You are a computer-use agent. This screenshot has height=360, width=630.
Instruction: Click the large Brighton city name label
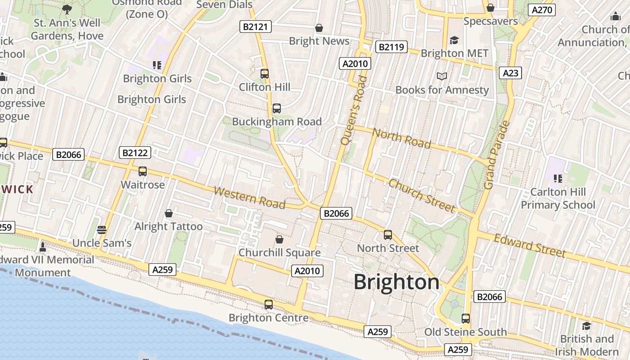click(396, 282)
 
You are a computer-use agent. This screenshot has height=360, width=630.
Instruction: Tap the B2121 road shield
click(255, 27)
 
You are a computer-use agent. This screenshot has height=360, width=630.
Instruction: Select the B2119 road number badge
click(392, 47)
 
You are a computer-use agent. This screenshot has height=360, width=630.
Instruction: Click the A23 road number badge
click(511, 73)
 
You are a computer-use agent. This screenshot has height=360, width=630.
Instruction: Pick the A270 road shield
click(543, 10)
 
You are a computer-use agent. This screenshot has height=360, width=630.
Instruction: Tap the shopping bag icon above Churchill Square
click(279, 239)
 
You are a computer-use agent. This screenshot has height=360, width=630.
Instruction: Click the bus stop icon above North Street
click(388, 235)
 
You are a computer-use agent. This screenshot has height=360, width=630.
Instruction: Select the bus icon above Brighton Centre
click(269, 305)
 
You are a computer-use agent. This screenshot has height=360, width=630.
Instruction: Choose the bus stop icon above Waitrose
click(143, 171)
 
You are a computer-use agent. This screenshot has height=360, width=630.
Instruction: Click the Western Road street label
click(249, 198)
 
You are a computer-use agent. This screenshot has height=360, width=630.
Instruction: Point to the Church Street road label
click(422, 195)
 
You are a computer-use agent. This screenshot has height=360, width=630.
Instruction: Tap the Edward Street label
click(530, 246)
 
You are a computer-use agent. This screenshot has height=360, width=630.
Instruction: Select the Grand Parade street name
click(496, 154)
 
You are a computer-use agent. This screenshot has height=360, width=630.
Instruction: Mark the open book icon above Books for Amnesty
click(442, 76)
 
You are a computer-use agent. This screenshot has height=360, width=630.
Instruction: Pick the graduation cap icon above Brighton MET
click(454, 40)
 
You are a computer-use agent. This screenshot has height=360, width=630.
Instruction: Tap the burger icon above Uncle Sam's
click(102, 230)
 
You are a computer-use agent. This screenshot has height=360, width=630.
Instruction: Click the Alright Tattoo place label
click(169, 226)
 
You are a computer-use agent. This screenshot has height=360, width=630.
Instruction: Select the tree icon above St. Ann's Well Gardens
click(67, 9)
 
